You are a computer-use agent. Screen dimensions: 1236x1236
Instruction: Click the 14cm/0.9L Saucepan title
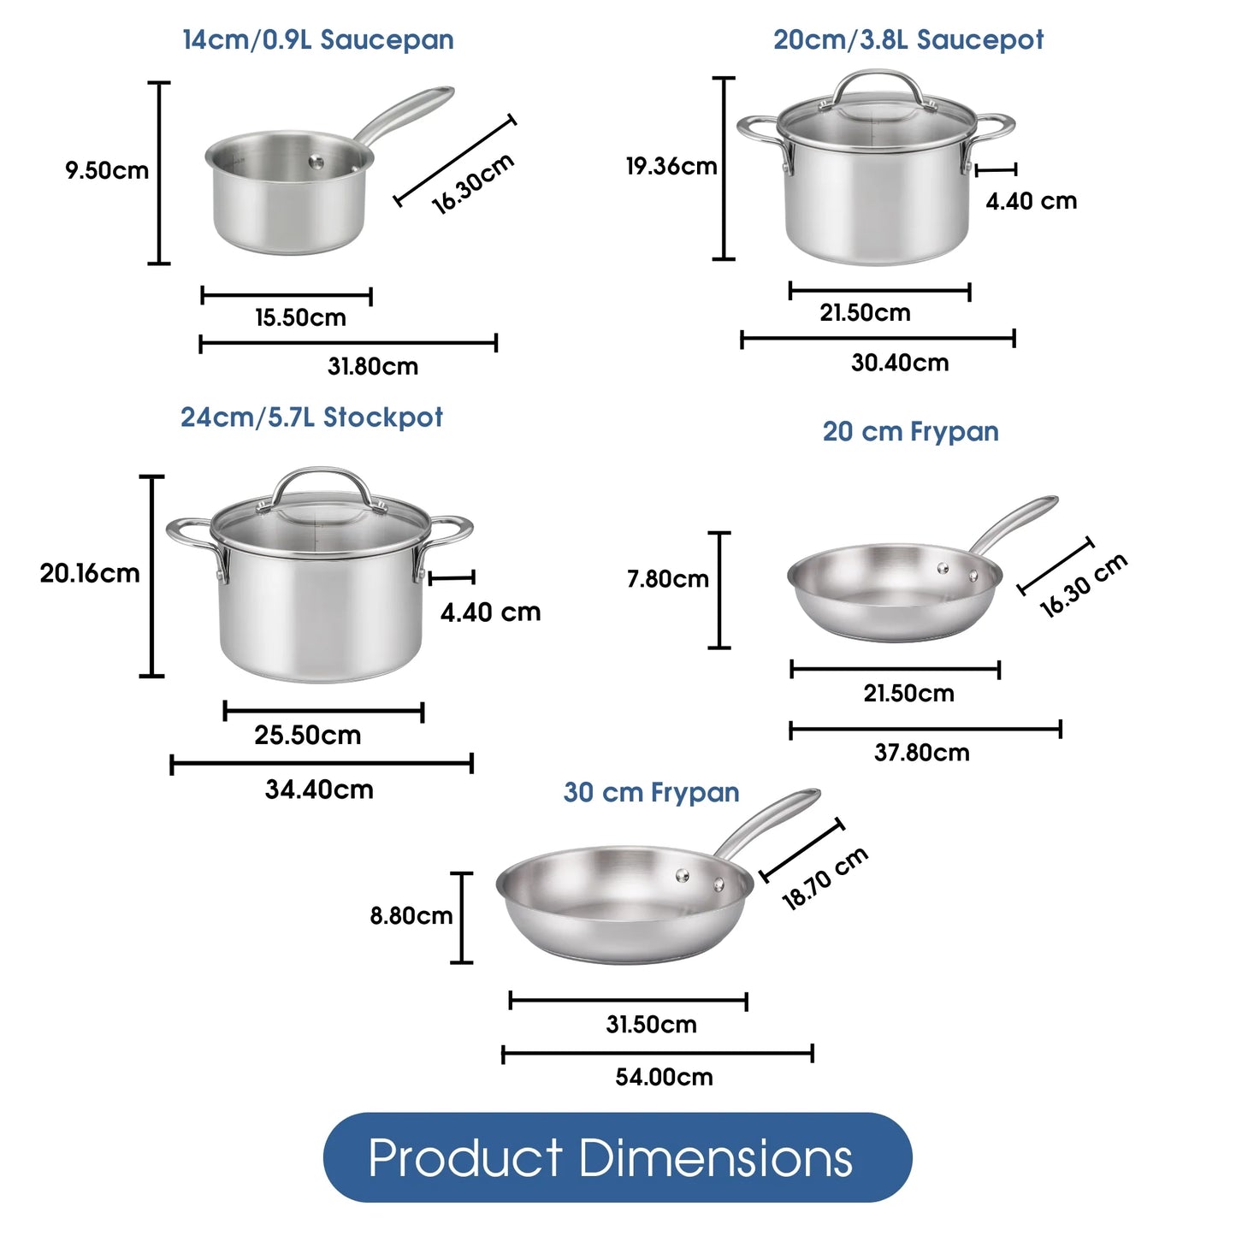[x=317, y=40]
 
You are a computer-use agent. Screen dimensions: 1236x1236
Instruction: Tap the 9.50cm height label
[x=107, y=170]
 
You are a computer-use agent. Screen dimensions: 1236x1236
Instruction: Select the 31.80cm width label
[x=373, y=367]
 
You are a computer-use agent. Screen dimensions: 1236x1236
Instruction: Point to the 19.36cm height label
[x=671, y=166]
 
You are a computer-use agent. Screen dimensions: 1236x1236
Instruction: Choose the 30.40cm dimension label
[x=900, y=363]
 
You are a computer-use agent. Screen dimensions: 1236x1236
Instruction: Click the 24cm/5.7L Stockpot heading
[x=311, y=417]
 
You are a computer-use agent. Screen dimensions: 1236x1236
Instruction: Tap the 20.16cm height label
[x=90, y=573]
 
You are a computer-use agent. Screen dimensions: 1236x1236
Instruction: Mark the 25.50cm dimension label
[x=307, y=736]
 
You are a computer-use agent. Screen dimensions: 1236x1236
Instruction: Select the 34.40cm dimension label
[x=319, y=790]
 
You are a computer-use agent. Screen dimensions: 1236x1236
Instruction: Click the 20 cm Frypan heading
[x=910, y=432]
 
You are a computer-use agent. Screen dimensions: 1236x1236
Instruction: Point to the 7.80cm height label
[x=668, y=579]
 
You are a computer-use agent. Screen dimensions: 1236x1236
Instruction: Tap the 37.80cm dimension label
[x=921, y=753]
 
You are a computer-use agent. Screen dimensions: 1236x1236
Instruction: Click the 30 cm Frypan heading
[x=651, y=793]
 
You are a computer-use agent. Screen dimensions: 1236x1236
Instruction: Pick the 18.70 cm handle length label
[x=825, y=878]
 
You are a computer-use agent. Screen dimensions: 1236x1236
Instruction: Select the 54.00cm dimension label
[x=664, y=1077]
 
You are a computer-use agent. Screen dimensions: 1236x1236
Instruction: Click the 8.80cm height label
[x=411, y=916]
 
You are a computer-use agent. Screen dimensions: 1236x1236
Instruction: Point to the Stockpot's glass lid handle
[x=322, y=479]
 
